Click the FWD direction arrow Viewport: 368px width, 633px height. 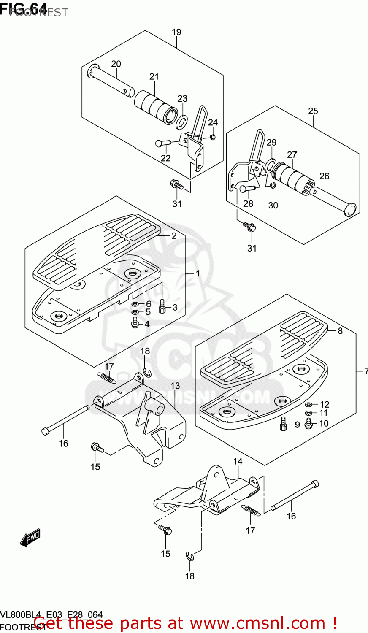30,538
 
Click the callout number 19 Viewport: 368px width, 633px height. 176,32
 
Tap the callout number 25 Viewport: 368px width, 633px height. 313,111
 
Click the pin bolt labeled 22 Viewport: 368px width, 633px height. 162,143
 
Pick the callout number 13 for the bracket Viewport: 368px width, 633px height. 175,386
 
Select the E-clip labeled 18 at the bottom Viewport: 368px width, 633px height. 190,557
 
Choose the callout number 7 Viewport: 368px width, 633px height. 365,371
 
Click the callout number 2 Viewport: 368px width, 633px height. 174,236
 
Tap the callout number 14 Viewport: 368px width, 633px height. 238,461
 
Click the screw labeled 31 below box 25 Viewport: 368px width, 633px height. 249,227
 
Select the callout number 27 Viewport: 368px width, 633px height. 292,155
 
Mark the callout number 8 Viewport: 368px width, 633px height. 340,331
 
